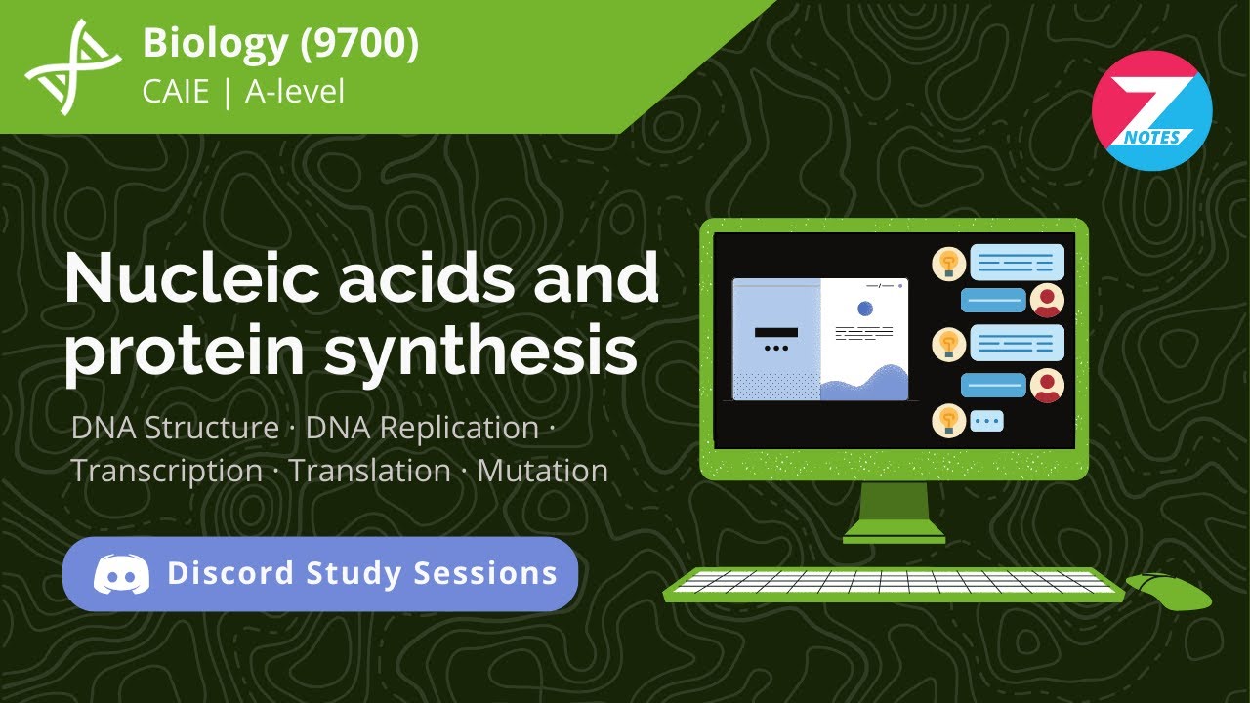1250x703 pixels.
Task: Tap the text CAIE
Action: [x=175, y=92]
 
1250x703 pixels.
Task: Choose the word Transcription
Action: [x=166, y=471]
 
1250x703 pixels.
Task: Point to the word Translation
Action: [x=369, y=471]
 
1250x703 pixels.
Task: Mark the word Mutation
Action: [x=543, y=471]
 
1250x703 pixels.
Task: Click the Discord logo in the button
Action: [x=122, y=574]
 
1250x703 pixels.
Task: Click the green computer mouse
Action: [x=1168, y=590]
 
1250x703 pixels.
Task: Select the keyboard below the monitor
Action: [x=894, y=583]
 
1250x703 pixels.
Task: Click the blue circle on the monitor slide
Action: [x=864, y=309]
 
